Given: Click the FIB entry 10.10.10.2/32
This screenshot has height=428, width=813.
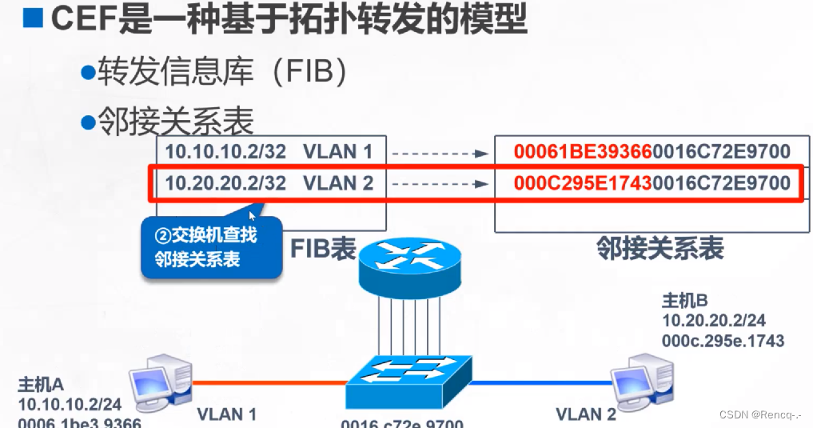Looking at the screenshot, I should pyautogui.click(x=225, y=150).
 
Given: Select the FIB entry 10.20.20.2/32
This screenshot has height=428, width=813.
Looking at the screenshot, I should pyautogui.click(x=225, y=183).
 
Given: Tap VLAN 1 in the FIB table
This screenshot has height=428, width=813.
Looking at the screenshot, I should pyautogui.click(x=338, y=150).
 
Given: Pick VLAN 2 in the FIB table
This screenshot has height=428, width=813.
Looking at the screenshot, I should pyautogui.click(x=338, y=183).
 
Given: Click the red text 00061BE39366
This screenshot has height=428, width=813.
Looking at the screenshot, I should pyautogui.click(x=583, y=151).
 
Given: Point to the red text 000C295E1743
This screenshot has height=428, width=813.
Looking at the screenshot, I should pyautogui.click(x=583, y=183).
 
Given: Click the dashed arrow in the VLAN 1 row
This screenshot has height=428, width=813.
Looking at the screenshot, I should pyautogui.click(x=440, y=151).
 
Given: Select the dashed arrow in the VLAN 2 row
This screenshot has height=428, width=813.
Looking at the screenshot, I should pyautogui.click(x=440, y=183).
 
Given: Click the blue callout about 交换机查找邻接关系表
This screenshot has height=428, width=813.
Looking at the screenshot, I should pyautogui.click(x=212, y=248).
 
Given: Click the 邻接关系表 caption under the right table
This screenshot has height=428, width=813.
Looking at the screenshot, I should pyautogui.click(x=660, y=248).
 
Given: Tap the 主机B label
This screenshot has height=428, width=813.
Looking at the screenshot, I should pyautogui.click(x=685, y=302).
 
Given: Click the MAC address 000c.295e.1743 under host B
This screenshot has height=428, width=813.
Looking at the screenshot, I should pyautogui.click(x=723, y=340).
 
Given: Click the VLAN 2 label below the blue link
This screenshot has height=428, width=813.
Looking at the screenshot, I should pyautogui.click(x=586, y=414).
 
